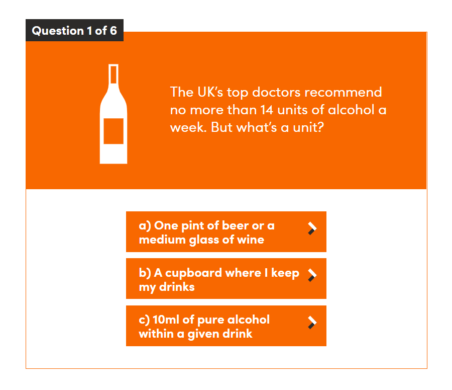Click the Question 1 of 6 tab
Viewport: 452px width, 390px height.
click(x=74, y=31)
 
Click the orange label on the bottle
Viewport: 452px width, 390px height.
click(x=114, y=131)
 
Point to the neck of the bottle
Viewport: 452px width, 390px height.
click(x=114, y=75)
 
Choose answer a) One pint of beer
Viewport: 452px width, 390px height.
click(x=226, y=232)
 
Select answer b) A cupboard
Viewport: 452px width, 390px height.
click(x=226, y=279)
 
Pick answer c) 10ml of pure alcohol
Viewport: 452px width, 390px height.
click(x=226, y=326)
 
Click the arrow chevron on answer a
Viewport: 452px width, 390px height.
click(x=312, y=228)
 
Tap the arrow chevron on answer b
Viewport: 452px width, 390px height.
click(x=312, y=275)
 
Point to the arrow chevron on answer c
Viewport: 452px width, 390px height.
click(x=312, y=323)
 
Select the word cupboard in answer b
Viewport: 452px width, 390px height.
click(x=194, y=273)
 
